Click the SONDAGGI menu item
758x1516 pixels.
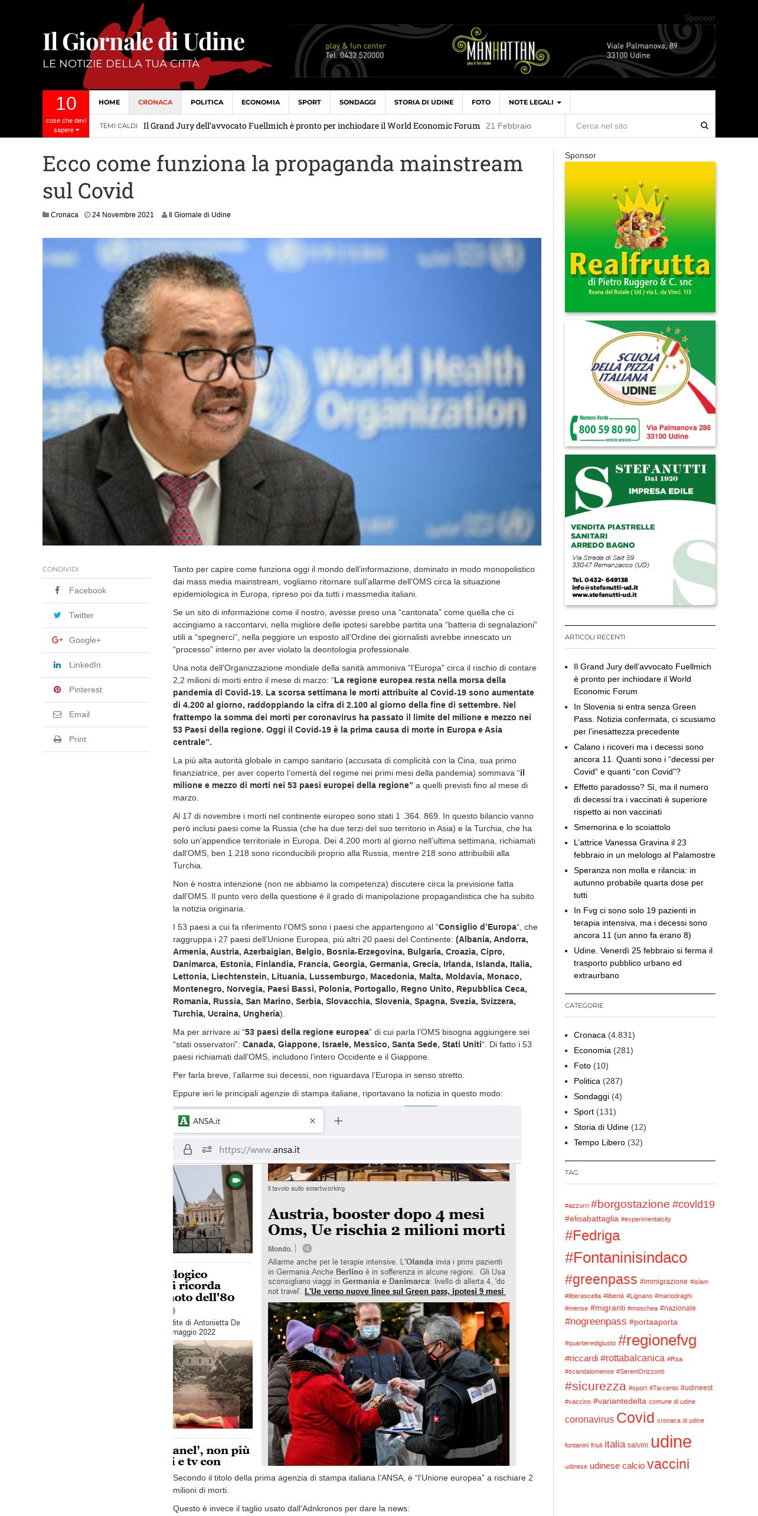[357, 102]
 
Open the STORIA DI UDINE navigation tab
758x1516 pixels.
[423, 102]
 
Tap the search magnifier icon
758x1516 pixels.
[704, 126]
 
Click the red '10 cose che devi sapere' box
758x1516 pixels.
[66, 114]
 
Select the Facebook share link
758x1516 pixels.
[87, 590]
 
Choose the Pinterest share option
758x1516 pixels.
[85, 690]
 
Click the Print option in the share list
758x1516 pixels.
[77, 739]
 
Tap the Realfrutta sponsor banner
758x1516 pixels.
[640, 237]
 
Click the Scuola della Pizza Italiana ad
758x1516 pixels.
[640, 383]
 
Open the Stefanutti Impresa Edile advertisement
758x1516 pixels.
[640, 530]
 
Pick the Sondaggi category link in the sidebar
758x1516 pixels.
[591, 1096]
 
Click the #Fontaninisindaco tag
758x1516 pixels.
[626, 1258]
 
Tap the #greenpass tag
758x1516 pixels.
[600, 1280]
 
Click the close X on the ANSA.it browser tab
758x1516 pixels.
[312, 1121]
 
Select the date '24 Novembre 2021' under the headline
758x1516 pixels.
[122, 215]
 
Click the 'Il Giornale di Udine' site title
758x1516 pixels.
[143, 42]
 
